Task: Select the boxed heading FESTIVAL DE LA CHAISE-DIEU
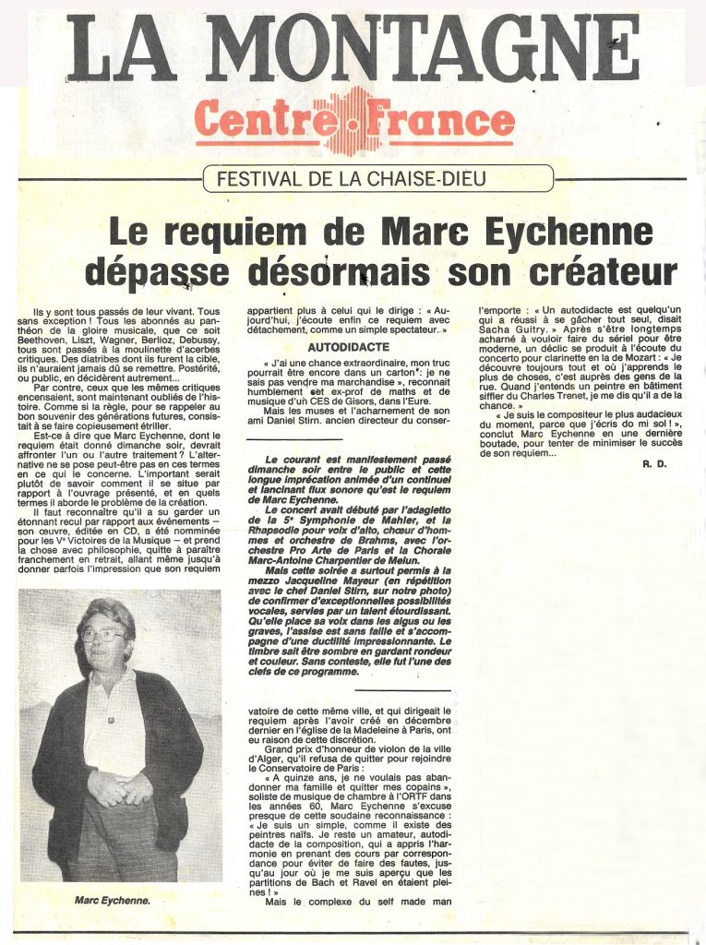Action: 377,178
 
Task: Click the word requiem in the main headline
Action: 230,232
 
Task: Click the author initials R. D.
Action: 653,462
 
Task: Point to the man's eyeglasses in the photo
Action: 103,637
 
